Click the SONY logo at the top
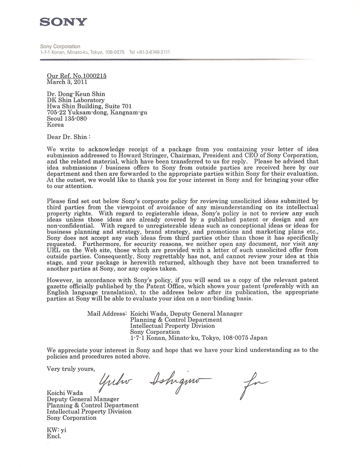pyautogui.click(x=63, y=21)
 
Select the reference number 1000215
pyautogui.click(x=91, y=75)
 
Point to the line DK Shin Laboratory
pyautogui.click(x=75, y=100)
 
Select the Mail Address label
pyautogui.click(x=107, y=314)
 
